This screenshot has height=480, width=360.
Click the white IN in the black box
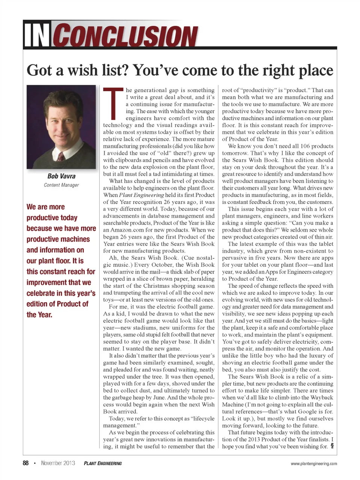[x=37, y=35]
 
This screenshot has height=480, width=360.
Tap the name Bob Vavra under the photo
[x=61, y=176]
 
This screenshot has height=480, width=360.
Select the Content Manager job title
[x=61, y=185]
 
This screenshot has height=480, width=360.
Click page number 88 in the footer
[x=25, y=463]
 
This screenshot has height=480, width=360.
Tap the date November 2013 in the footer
[x=58, y=463]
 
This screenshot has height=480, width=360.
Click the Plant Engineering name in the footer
[x=103, y=463]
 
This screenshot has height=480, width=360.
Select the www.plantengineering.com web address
[x=313, y=463]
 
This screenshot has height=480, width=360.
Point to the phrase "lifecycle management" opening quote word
[x=202, y=418]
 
